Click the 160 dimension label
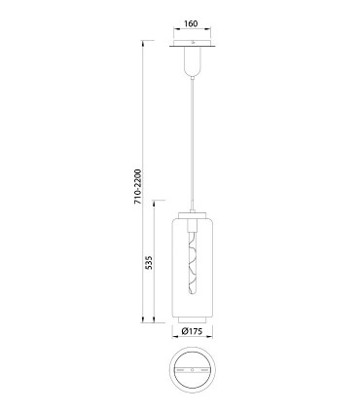[x=191, y=23]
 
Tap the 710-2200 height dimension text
[x=138, y=186]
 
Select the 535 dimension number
[x=148, y=262]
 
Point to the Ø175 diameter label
[x=192, y=331]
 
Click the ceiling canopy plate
[x=193, y=44]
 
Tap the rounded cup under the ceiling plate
[x=193, y=61]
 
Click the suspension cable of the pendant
[x=193, y=144]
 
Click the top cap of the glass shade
[x=193, y=215]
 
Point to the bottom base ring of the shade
[x=193, y=319]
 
